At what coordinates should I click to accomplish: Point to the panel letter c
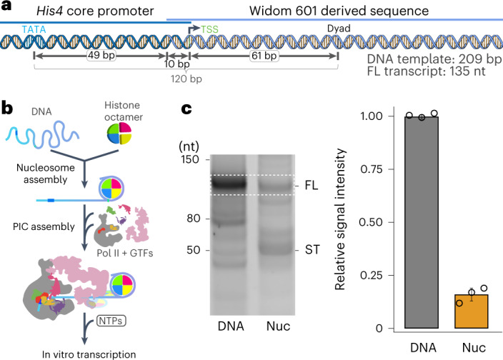point(185,110)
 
